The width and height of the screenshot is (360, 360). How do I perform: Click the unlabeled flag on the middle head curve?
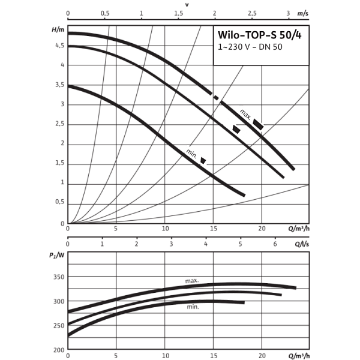pos(234,127)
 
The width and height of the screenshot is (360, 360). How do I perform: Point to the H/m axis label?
pos(58,29)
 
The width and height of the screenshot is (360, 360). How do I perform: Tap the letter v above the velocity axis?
pos(187,4)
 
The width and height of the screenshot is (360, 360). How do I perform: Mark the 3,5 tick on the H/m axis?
pos(59,85)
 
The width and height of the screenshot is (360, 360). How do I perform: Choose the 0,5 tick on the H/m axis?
pos(59,202)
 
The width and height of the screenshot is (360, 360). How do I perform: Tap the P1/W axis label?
pos(58,256)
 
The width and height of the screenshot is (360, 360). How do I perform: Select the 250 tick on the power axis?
pos(58,277)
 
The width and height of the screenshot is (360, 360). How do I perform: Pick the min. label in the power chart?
pos(193,307)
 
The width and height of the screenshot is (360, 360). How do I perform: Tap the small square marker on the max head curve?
pos(217,96)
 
